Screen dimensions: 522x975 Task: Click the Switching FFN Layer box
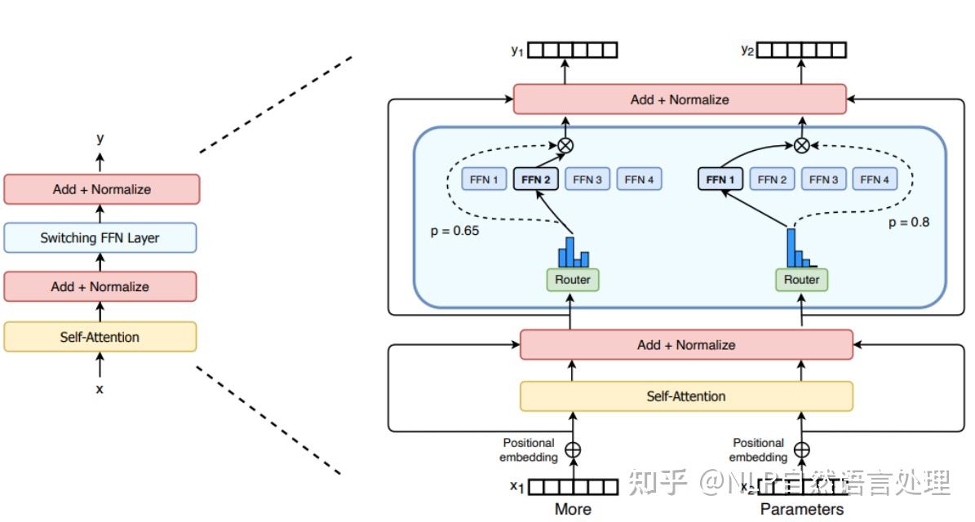[100, 238]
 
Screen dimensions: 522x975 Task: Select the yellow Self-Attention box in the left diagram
[100, 337]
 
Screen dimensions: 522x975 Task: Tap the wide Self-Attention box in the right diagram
[686, 396]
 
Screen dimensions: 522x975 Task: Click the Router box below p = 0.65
[572, 280]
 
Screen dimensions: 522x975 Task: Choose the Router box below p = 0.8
[801, 280]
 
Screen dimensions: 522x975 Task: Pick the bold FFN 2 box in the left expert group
[535, 179]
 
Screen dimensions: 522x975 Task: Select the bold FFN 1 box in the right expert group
[721, 179]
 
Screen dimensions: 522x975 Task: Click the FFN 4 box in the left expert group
[639, 179]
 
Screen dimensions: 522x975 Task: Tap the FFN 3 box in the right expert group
[824, 179]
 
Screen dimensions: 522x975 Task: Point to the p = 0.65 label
[454, 231]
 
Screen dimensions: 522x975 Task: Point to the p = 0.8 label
[909, 222]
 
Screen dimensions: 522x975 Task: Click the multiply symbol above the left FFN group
[565, 145]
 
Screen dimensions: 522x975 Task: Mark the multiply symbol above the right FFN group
[802, 145]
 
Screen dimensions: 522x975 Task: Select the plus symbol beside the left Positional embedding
[573, 449]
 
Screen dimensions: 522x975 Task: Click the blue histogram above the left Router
[573, 252]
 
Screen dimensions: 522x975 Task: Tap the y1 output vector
[572, 51]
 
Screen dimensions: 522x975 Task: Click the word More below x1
[573, 509]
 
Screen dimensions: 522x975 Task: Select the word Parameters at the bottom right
[802, 509]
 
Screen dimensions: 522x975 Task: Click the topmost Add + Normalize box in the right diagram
[680, 100]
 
